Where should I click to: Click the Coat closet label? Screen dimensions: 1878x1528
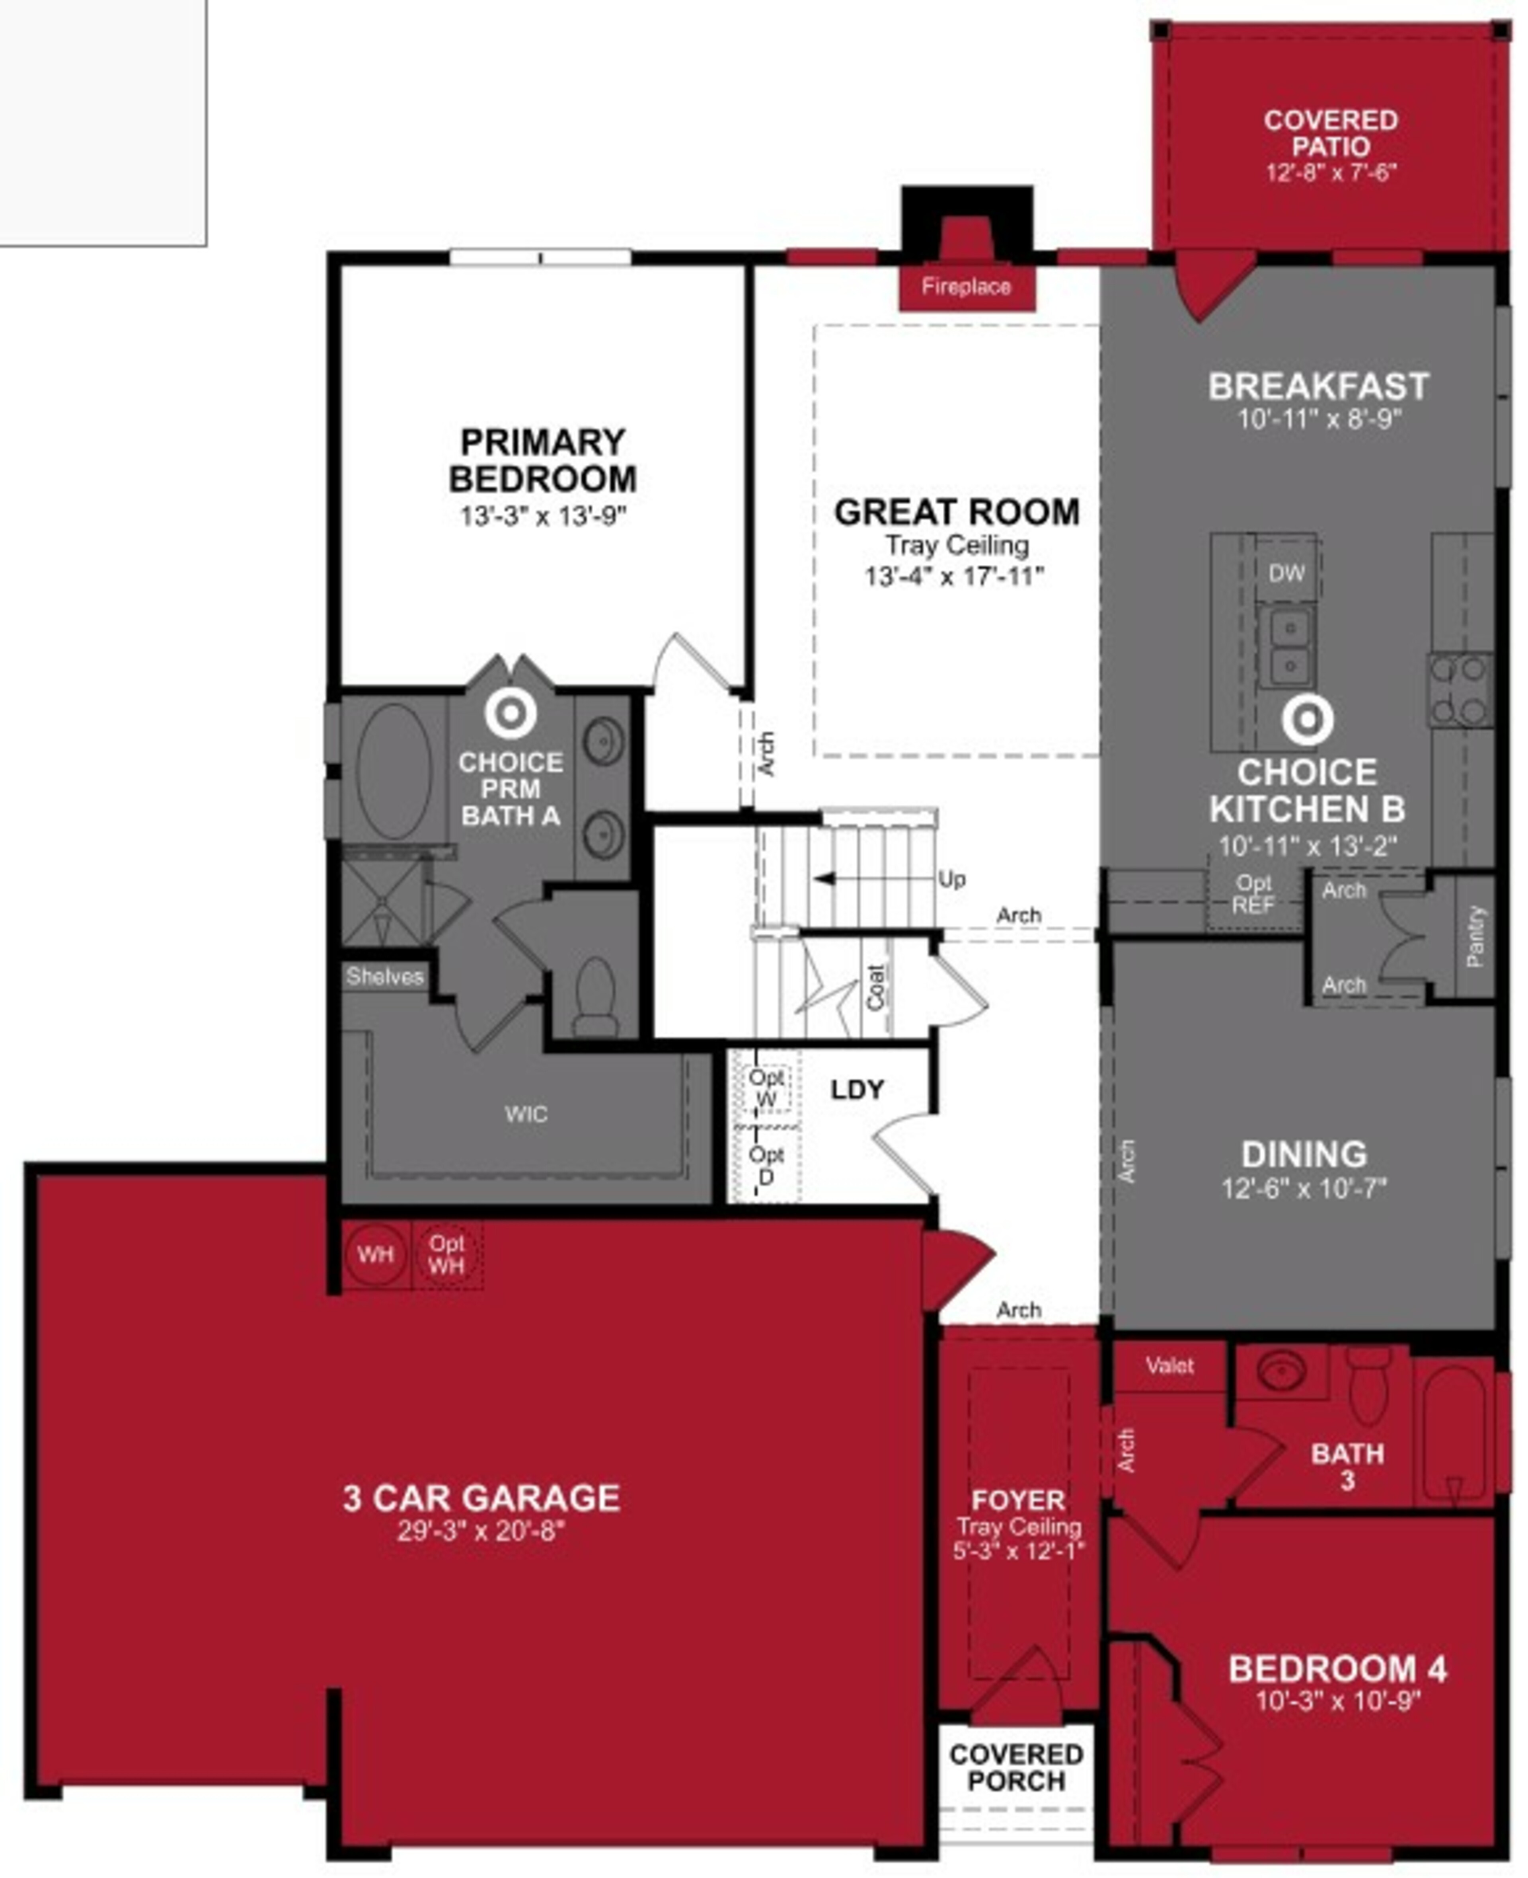click(x=875, y=986)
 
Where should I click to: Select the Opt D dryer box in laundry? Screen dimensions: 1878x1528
click(x=766, y=1164)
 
